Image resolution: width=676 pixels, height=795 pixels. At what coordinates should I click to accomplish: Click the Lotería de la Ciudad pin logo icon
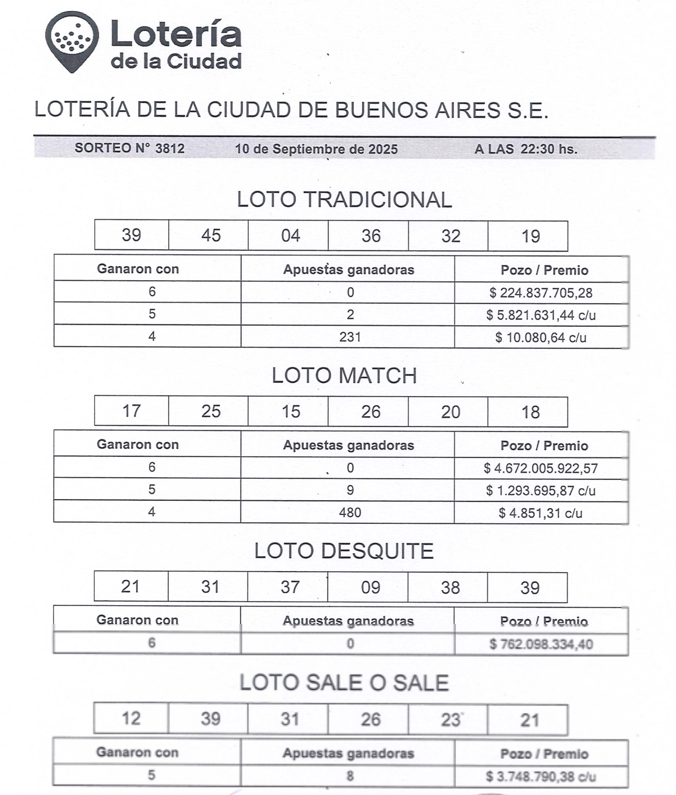71,41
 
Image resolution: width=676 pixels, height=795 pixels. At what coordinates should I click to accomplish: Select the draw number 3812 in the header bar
169,149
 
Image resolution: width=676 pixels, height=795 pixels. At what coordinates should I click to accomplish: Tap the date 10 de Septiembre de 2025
316,149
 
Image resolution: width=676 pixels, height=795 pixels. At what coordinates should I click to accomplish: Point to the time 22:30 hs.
548,149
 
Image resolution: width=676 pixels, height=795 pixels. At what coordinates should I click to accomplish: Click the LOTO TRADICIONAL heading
344,200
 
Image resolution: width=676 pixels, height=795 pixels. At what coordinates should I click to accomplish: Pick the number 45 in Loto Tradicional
211,235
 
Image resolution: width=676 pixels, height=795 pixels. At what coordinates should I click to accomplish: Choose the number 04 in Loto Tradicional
290,235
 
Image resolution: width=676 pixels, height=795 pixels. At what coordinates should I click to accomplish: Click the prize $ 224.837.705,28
540,293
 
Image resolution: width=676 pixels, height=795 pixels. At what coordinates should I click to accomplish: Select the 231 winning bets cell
350,337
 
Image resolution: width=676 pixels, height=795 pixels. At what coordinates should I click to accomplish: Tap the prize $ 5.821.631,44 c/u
540,315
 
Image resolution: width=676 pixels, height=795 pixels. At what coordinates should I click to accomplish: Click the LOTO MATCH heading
344,376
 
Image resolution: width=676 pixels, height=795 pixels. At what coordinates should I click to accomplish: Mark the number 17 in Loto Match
131,411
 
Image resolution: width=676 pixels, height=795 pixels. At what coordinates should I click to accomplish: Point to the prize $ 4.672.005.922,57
540,468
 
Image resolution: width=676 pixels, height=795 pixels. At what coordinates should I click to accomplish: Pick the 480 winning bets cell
350,513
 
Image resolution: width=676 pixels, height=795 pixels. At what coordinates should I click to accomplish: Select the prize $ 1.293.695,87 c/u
540,491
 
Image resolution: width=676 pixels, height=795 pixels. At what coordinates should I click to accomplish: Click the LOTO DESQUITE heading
344,551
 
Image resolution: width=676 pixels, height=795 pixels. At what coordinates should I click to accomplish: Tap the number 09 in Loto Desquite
371,587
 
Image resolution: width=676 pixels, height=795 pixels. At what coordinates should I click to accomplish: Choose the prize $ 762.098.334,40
540,644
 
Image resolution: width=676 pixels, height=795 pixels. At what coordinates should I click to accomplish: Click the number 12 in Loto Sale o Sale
131,719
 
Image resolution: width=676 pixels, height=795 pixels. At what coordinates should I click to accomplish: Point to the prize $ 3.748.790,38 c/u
540,777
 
